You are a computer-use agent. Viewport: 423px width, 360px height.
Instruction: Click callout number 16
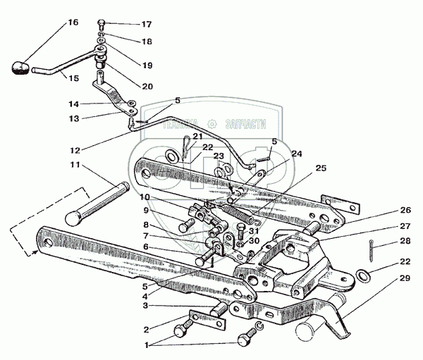pos(73,22)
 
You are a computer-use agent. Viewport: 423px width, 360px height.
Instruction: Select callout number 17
pos(146,24)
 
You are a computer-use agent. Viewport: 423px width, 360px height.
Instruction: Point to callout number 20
pos(147,87)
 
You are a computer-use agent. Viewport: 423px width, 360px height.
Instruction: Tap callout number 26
pos(404,210)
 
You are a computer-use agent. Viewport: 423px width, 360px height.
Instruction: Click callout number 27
pos(404,226)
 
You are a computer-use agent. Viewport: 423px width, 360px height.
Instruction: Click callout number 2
pos(146,329)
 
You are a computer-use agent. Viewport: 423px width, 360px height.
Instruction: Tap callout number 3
pos(145,305)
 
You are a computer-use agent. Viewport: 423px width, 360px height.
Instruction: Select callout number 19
pos(147,65)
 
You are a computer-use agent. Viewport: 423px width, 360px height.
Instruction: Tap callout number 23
pos(219,156)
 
